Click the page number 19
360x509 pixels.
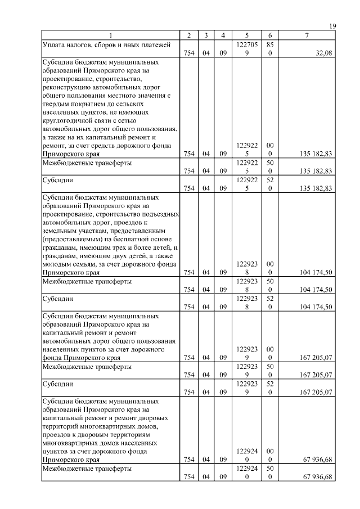click(332, 26)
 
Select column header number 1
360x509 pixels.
click(111, 35)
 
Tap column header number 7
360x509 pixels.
click(307, 35)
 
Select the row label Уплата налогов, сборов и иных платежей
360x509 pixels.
click(106, 44)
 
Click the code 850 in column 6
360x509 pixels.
click(270, 48)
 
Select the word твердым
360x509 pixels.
click(59, 106)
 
